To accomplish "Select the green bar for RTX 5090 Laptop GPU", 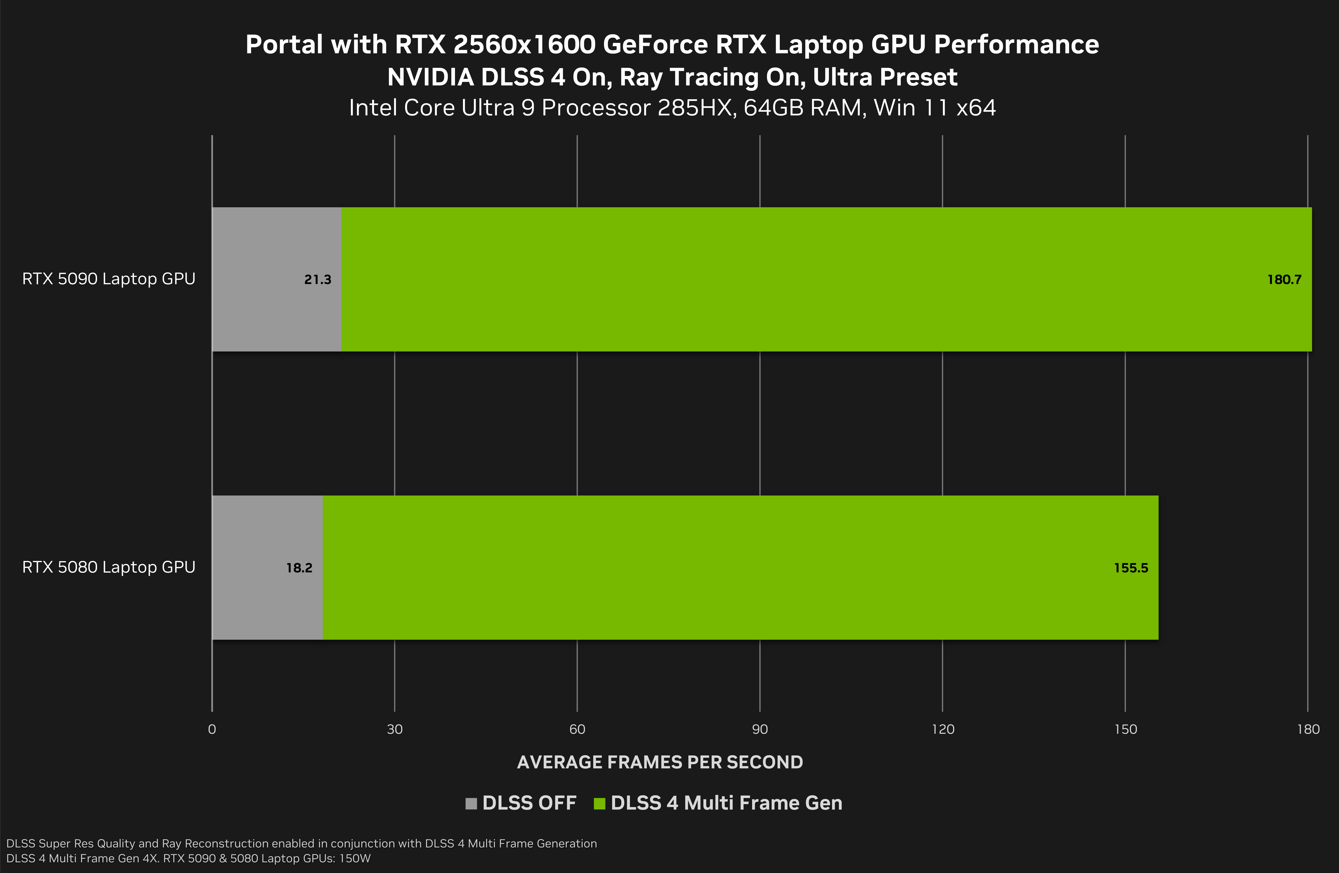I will [788, 279].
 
